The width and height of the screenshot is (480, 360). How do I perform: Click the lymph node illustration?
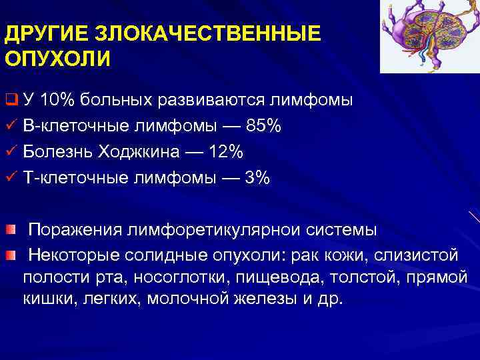click(x=429, y=37)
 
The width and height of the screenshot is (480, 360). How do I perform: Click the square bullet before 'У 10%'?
click(x=10, y=101)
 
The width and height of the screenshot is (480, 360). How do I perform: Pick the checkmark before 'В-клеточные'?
click(x=9, y=126)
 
